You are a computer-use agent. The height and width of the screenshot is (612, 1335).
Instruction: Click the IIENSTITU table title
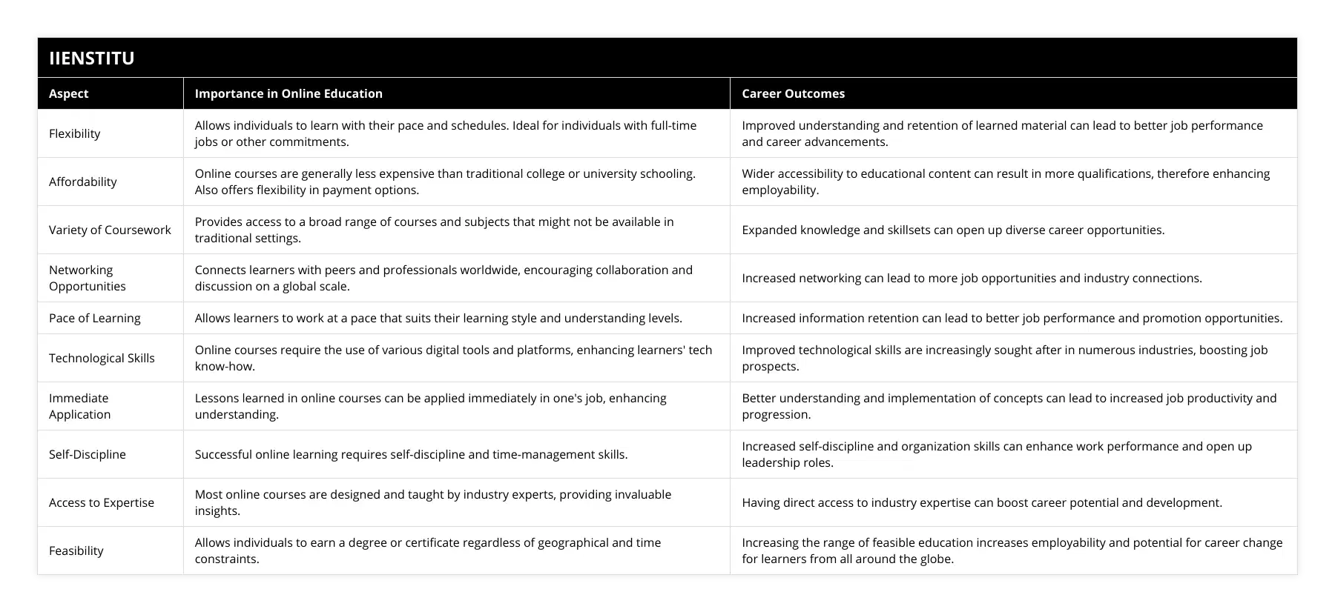pos(92,58)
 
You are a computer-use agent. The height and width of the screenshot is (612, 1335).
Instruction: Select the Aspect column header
pos(68,93)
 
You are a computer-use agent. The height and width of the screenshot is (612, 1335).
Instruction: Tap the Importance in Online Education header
pos(289,93)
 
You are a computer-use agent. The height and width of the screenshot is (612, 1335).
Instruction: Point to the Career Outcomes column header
pos(793,93)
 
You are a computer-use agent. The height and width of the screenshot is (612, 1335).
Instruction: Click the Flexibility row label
pos(74,133)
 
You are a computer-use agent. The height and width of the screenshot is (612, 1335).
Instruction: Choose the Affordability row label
pos(83,182)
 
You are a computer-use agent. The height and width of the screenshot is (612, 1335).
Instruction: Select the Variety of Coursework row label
pos(110,230)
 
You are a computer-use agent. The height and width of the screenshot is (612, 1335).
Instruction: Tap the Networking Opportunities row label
pos(87,278)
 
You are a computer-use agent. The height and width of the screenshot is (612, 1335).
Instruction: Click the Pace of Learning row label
pos(94,318)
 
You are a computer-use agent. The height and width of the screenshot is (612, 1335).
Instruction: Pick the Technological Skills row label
pos(102,358)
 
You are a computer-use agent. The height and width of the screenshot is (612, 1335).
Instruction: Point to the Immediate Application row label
pos(79,406)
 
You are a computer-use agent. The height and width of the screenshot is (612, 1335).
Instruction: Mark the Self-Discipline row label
pos(88,454)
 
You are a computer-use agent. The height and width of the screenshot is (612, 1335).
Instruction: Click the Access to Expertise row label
pos(102,502)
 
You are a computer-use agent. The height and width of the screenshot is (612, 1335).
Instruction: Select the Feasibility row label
pos(76,551)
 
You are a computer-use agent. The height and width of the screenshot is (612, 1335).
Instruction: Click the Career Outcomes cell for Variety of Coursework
pos(953,230)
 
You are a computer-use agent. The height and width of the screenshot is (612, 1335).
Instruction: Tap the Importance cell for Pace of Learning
pos(438,318)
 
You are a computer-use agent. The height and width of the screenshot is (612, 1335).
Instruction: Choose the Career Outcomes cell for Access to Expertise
pos(982,502)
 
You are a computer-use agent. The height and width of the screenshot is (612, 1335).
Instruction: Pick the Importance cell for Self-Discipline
pos(411,454)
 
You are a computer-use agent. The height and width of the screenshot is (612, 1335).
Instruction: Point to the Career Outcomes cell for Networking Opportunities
pos(972,278)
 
